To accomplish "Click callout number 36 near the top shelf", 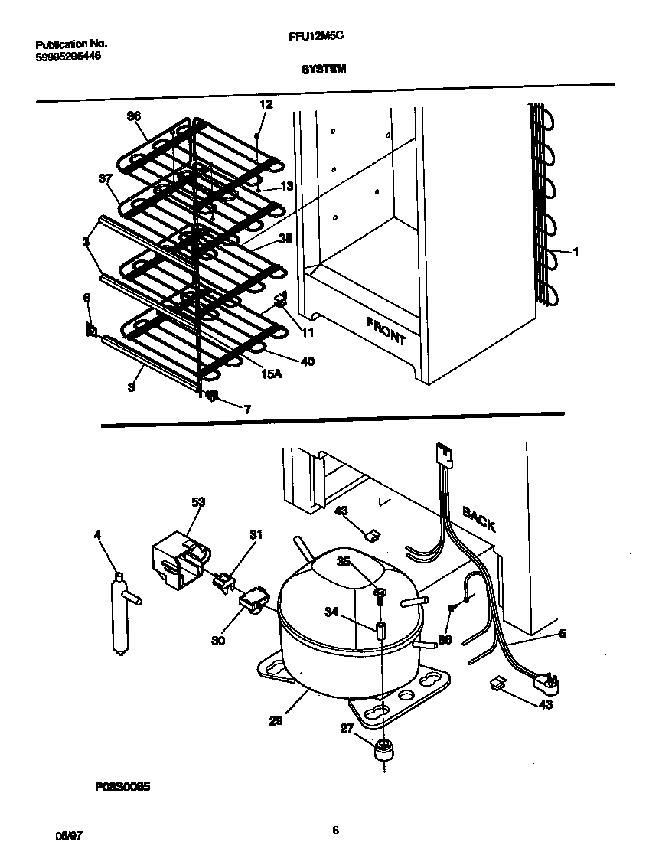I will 134,116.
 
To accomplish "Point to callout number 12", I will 266,104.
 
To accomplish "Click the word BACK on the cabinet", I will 478,520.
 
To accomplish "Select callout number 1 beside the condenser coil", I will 576,252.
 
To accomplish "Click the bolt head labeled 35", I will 380,591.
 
